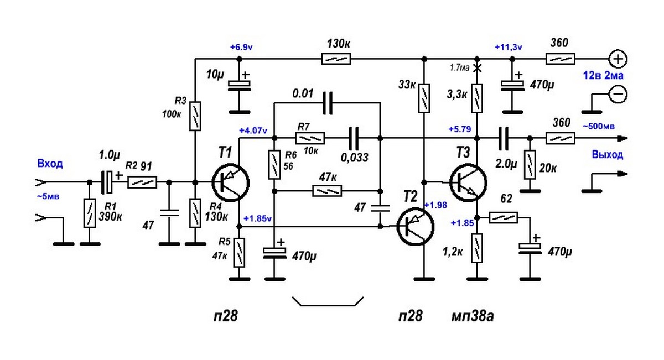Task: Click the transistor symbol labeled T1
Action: [230, 182]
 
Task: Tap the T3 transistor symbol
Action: [468, 181]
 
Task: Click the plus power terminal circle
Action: [618, 58]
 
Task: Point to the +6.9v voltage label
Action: [241, 48]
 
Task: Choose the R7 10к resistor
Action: [310, 138]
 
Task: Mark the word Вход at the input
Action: [50, 164]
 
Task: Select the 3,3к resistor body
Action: [476, 97]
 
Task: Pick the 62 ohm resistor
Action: [503, 217]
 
